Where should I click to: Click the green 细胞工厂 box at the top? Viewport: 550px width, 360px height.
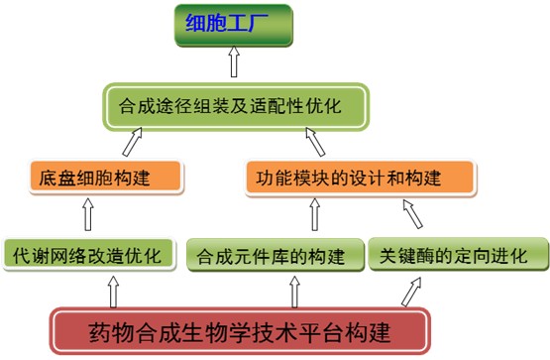pyautogui.click(x=234, y=27)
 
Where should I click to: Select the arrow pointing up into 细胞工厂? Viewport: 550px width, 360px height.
pyautogui.click(x=235, y=62)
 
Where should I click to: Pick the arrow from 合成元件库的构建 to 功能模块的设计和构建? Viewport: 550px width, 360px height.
pyautogui.click(x=316, y=215)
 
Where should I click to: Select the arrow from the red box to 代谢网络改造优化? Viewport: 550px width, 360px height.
pyautogui.click(x=112, y=291)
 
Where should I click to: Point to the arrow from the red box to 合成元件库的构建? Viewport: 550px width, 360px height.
pyautogui.click(x=293, y=291)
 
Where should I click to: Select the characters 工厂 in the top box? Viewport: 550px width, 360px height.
pyautogui.click(x=257, y=27)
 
